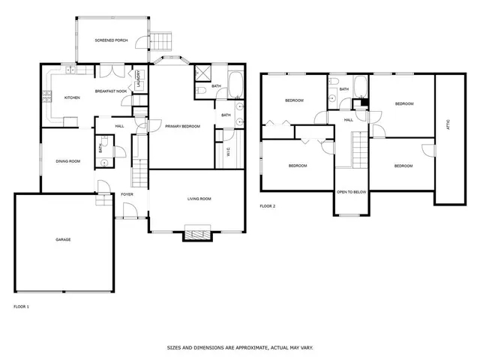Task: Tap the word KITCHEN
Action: tap(72, 97)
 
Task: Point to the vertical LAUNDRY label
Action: tap(139, 79)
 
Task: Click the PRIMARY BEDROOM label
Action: tap(182, 126)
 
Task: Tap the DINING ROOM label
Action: tap(67, 160)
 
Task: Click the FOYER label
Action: tap(127, 194)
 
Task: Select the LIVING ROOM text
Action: tap(199, 199)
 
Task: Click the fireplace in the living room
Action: tap(199, 235)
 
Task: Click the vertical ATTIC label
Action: tap(448, 127)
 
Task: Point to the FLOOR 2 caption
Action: tap(268, 205)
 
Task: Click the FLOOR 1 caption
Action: tap(22, 307)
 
